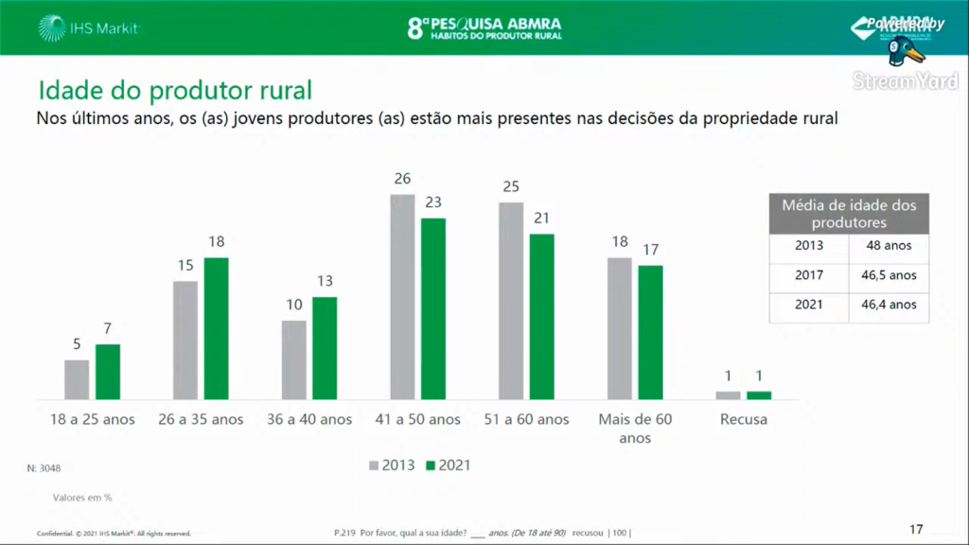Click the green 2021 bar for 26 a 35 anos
point(217,328)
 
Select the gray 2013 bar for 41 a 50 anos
point(402,297)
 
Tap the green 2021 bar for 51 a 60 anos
point(542,317)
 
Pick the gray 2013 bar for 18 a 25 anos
point(77,379)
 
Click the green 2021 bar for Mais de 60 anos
point(650,332)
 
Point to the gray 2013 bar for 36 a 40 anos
point(294,360)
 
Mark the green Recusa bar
point(759,395)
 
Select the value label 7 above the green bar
point(108,329)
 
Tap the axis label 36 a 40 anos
point(309,419)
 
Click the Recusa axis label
point(743,419)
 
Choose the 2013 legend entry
point(391,466)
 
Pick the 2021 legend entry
point(447,466)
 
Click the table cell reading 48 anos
point(888,245)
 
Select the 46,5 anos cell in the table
point(888,275)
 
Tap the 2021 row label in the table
point(808,305)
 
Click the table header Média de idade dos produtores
point(849,214)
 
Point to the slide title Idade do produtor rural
point(175,91)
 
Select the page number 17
point(915,529)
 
